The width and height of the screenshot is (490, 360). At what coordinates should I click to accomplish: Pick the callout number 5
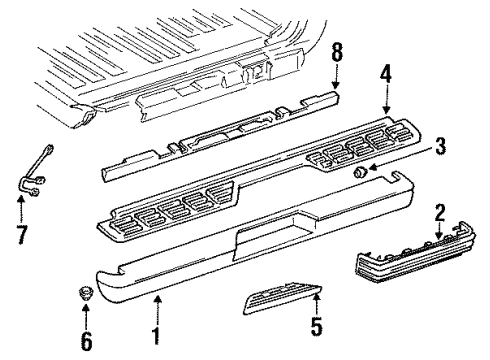[319, 326]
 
